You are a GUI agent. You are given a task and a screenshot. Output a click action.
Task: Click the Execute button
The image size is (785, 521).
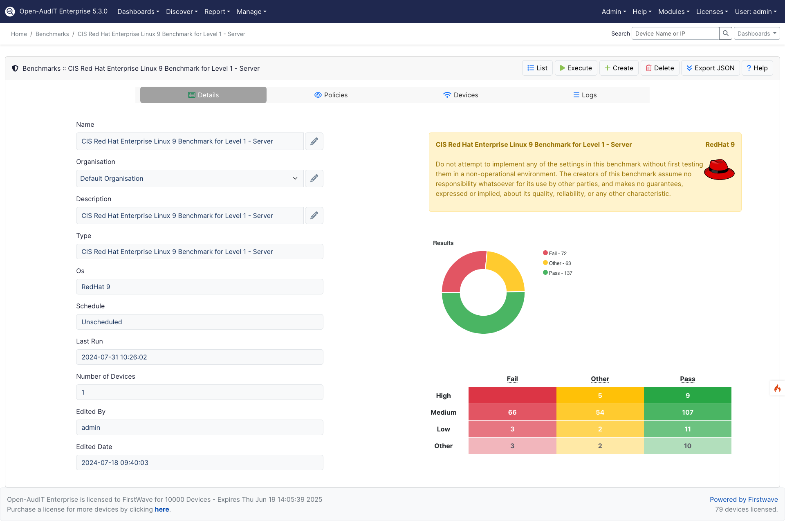[576, 68]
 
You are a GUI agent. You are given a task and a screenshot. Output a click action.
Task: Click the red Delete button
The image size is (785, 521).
[659, 68]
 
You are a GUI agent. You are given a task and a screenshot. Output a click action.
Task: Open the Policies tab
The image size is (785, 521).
[331, 95]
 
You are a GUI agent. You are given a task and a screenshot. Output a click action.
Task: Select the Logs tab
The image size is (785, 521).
[585, 95]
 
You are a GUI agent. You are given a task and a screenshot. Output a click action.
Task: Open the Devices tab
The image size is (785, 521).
[460, 95]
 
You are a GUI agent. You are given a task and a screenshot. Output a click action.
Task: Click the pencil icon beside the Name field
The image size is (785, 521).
[314, 141]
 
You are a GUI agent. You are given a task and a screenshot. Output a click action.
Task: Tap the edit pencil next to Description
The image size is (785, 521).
[314, 216]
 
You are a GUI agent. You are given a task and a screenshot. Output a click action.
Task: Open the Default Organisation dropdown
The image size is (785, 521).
[189, 178]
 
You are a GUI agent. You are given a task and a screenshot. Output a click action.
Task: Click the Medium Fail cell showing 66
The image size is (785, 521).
[512, 412]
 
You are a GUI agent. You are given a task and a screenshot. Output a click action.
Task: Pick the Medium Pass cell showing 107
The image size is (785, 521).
[687, 412]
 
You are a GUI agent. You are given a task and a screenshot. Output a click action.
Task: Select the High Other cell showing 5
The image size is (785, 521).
[600, 395]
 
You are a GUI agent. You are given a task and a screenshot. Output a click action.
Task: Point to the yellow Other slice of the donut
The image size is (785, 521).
[507, 268]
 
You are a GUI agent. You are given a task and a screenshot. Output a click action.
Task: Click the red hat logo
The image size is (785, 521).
[719, 170]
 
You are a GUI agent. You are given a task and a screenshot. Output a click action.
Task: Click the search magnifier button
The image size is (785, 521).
[725, 34]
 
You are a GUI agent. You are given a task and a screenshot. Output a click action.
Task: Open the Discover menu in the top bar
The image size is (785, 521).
[182, 11]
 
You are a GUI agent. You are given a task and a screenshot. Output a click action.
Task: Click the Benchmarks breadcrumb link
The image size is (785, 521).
[52, 34]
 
